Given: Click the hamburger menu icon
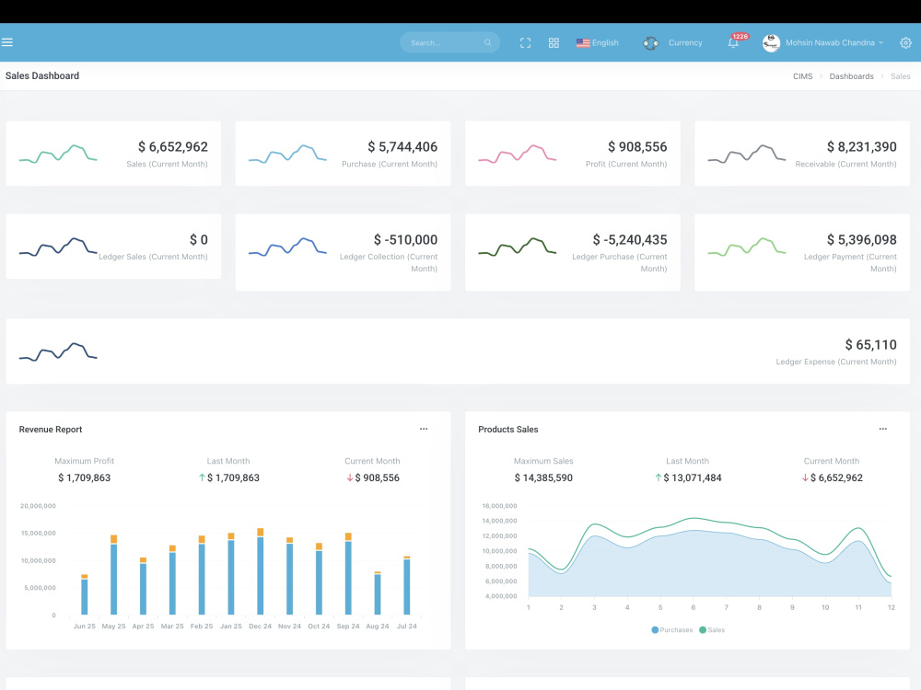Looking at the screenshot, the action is click(7, 42).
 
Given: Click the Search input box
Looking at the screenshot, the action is click(449, 42).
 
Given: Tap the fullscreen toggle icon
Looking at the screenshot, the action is click(525, 43).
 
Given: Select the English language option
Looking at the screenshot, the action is click(598, 43).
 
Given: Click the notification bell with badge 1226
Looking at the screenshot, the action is click(734, 43).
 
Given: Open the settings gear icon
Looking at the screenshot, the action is click(905, 43).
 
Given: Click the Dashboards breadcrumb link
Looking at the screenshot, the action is click(851, 76).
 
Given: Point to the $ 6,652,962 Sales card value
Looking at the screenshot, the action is click(173, 146).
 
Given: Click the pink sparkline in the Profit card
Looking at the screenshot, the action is click(517, 154).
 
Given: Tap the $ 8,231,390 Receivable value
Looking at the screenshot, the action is click(862, 146).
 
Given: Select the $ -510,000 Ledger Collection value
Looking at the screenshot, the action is click(406, 239).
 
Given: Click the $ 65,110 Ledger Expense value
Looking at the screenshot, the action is click(871, 344).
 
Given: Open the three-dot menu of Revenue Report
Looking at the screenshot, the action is click(424, 429).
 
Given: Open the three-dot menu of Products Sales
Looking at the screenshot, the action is click(883, 429).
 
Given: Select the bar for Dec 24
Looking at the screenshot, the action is click(261, 571).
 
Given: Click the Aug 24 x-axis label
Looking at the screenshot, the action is click(377, 626).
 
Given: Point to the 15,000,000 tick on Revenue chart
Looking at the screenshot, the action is click(38, 534).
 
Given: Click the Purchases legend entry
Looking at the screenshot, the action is click(672, 630).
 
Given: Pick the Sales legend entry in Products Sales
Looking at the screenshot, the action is click(712, 630).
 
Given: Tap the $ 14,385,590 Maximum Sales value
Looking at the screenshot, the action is click(543, 477).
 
